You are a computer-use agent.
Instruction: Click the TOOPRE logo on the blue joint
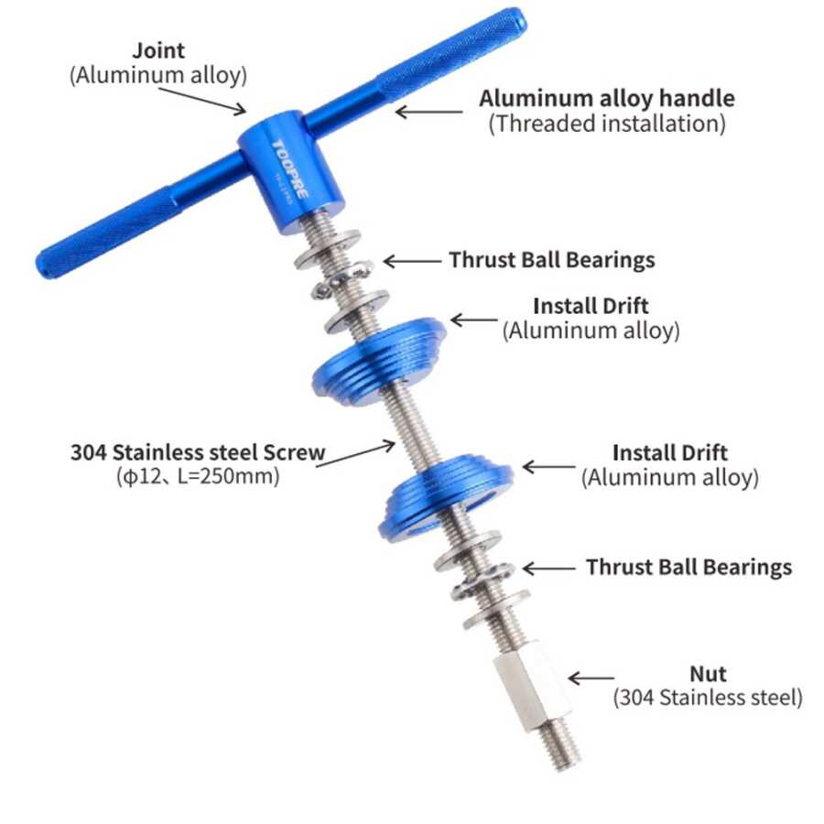289,168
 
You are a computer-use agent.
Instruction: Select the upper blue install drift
379,362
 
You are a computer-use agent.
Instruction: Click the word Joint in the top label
158,50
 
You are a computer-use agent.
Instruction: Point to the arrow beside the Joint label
202,101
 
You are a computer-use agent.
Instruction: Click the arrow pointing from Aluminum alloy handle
428,112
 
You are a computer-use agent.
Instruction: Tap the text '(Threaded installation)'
607,124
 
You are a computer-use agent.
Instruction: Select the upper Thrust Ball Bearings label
552,260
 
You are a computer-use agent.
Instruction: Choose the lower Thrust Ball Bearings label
688,567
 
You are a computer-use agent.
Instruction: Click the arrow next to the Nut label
591,678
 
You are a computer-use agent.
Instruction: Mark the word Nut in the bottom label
708,674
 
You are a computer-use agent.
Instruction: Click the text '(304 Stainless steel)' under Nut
708,698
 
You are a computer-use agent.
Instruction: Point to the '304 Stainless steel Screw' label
198,452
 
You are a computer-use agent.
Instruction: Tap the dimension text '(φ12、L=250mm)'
198,476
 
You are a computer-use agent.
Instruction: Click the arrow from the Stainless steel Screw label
355,455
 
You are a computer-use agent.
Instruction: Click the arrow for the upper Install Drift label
474,320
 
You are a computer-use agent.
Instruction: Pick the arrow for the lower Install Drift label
549,467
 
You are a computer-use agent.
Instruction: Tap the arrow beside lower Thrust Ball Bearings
548,568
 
